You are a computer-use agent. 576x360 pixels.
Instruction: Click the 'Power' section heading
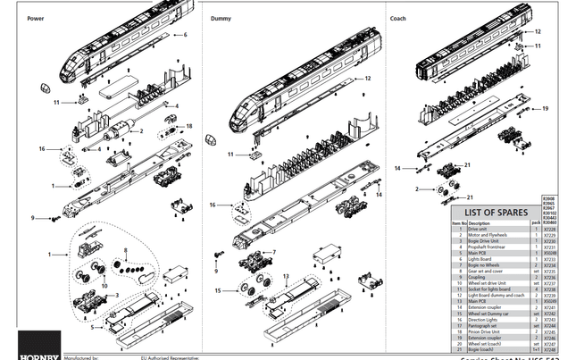coord(36,18)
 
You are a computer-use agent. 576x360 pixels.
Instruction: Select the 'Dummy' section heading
coord(221,18)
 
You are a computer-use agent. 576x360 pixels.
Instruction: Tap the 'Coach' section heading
coord(397,18)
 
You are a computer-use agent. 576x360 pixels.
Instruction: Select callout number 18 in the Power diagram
coord(189,127)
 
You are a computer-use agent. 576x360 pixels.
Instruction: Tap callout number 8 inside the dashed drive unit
coord(126,250)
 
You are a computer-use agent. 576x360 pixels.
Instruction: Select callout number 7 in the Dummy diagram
coord(273,252)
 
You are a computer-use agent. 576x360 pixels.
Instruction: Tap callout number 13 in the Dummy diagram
coord(286,276)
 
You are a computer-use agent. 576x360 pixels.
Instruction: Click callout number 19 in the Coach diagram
coord(546,109)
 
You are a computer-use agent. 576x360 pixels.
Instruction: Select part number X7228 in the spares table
coord(549,230)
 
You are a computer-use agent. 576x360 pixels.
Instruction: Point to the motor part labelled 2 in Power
coord(116,131)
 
